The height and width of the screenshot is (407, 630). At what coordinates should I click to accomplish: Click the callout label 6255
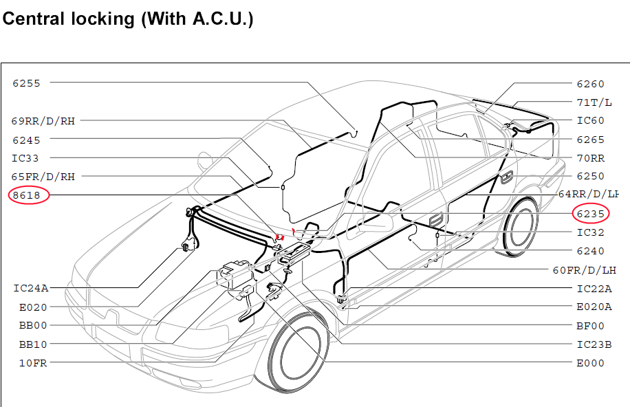coord(27,83)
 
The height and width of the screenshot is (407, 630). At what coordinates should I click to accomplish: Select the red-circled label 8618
coord(27,195)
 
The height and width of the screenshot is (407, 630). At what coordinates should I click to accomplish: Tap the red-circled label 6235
coord(591,214)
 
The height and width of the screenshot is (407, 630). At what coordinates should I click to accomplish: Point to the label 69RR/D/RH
coord(43,121)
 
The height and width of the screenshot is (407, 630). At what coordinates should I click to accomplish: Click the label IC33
coord(25,158)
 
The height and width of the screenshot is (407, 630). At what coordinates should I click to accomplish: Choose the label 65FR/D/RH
coord(43,177)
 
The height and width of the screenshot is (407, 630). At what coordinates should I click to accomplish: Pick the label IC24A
coord(31,288)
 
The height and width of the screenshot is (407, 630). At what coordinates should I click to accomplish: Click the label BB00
coord(33,325)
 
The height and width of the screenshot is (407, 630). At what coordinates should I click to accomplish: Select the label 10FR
coord(33,363)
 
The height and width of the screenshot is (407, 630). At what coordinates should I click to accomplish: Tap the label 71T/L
coord(594,102)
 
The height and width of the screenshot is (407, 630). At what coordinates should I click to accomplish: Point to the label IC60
coord(591,120)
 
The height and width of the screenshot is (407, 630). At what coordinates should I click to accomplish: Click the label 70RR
coord(591,158)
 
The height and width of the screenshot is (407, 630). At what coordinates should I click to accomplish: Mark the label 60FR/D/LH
coord(585,270)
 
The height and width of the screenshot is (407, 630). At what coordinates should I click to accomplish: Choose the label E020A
coord(594,307)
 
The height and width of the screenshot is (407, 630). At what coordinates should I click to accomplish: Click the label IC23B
coord(594,344)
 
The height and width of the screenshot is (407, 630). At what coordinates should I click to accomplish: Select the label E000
coord(591,363)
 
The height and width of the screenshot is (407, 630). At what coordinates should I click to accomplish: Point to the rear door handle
coord(507,177)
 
